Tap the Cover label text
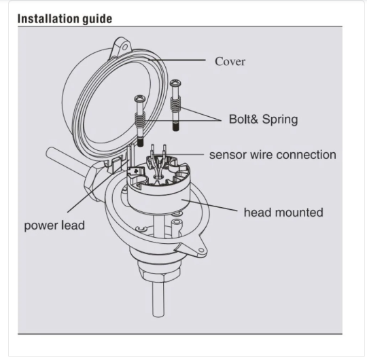coord(230,62)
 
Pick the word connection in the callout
coord(304,155)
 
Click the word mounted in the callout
coord(298,213)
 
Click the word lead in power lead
coord(73,225)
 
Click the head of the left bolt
coord(140,98)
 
